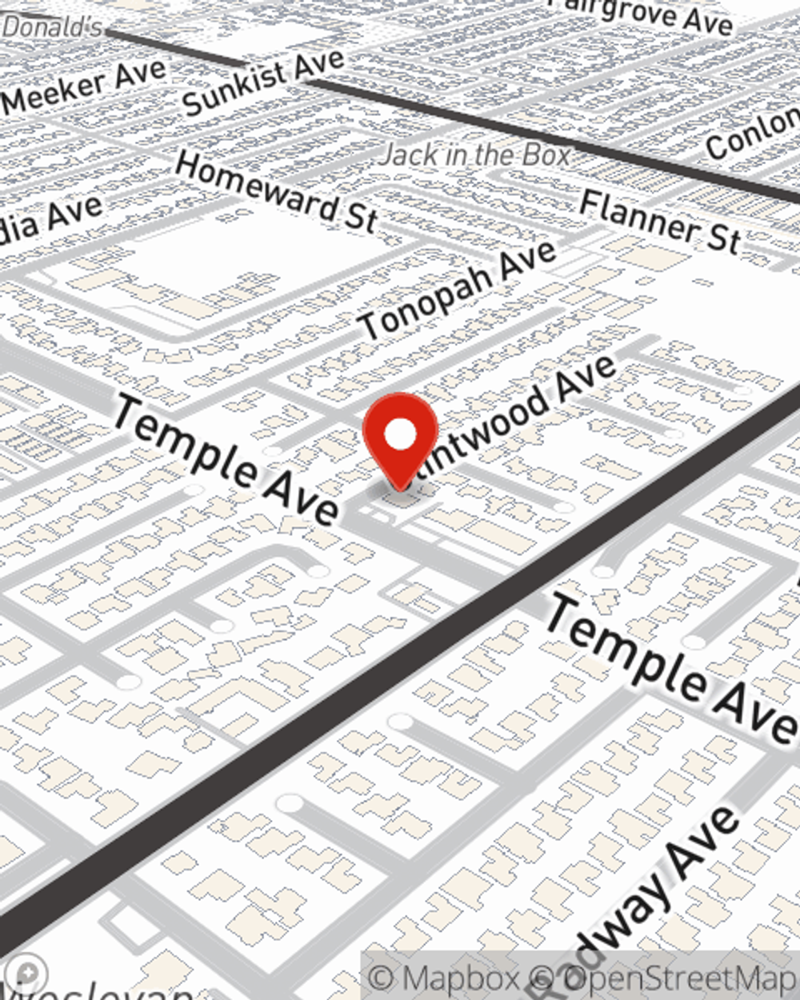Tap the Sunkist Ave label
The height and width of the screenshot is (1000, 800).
264,80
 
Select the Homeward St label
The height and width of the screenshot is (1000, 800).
276,193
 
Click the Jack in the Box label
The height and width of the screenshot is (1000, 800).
477,154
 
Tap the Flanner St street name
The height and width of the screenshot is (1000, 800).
661,221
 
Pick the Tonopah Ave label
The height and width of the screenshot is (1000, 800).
458,290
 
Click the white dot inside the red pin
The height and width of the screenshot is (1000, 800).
400,434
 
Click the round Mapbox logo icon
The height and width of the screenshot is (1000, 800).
26,974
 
